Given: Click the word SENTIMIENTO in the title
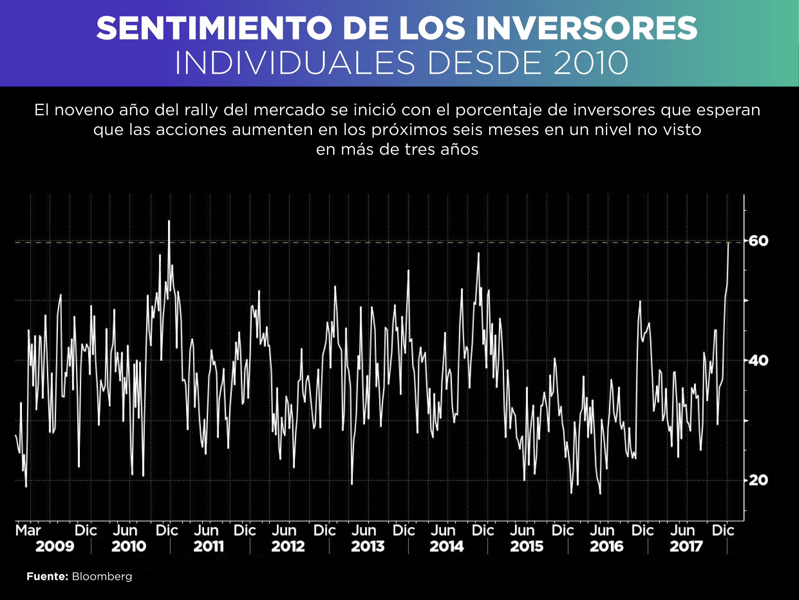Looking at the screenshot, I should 214,28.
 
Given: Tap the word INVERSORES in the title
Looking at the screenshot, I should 587,28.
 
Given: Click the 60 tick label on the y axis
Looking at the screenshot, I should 758,241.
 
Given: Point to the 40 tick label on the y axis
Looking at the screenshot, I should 758,361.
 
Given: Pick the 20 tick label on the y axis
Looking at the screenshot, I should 758,480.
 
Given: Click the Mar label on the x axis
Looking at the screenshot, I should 28,530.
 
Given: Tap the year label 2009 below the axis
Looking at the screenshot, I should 55,547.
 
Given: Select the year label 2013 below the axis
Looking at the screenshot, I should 368,547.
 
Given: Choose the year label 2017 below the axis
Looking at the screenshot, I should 686,547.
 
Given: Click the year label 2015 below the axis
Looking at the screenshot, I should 527,547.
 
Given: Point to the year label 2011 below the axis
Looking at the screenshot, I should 208,547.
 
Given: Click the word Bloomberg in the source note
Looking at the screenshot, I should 102,576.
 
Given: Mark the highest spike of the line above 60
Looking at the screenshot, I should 169,221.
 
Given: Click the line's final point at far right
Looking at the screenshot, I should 729,242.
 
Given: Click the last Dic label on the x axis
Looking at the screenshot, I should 723,530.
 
